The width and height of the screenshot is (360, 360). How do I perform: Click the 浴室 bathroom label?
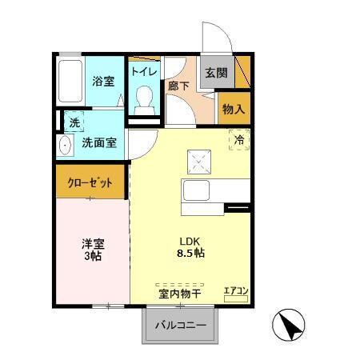click(104, 81)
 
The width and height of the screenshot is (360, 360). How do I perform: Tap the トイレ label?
click(144, 71)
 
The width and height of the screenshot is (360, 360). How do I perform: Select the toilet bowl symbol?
click(145, 98)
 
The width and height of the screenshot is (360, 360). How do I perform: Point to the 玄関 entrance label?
click(216, 73)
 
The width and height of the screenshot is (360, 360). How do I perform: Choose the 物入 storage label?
click(234, 109)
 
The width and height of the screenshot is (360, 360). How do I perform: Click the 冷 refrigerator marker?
click(239, 140)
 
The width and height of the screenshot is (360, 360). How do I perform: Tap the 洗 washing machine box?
click(73, 123)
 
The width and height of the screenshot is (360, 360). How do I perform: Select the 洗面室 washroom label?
click(100, 143)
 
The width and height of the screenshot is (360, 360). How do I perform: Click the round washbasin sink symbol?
click(65, 146)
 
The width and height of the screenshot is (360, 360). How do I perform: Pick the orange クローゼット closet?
click(90, 182)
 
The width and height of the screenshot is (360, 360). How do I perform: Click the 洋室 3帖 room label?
click(93, 250)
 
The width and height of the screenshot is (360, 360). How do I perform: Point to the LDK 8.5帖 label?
click(191, 246)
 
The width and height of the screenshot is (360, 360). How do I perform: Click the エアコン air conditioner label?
click(237, 290)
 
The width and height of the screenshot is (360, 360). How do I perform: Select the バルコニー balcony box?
click(180, 326)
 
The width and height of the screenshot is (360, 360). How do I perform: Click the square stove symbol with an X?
click(198, 162)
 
